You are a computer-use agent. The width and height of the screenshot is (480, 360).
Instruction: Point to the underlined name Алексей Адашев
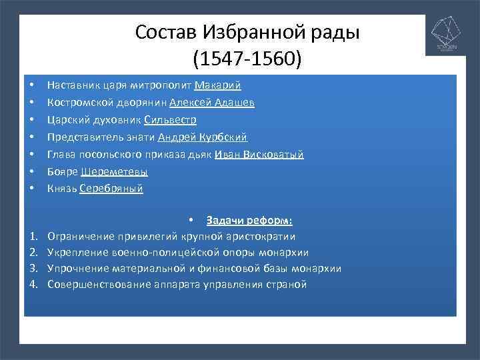212,103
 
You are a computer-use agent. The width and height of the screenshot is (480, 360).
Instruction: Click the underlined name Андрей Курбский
203,137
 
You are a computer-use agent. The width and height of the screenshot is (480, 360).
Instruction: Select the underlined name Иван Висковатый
259,155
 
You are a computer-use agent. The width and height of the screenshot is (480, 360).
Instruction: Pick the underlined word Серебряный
111,189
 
